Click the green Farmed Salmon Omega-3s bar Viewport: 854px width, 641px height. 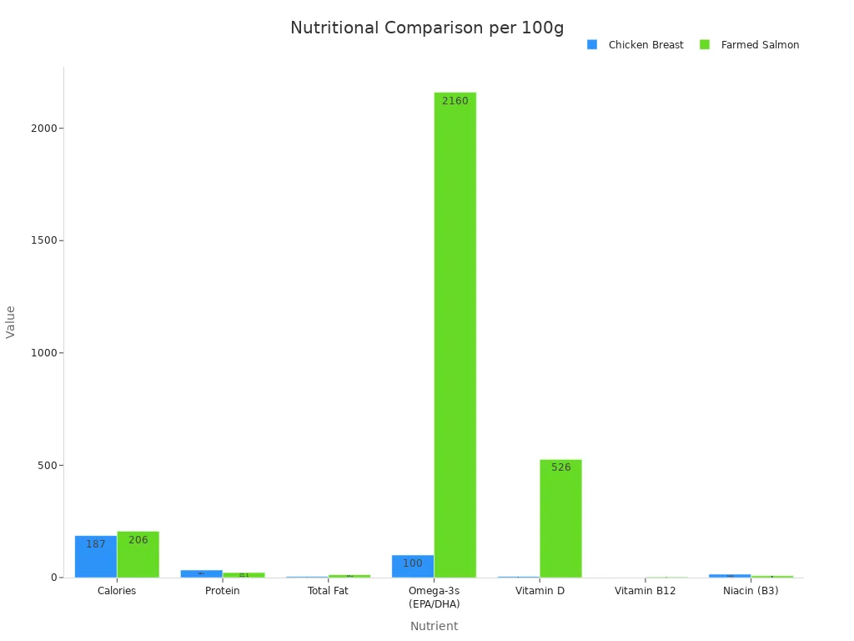(x=455, y=334)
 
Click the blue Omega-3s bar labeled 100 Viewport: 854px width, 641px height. (x=413, y=568)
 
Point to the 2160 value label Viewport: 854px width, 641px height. (x=455, y=101)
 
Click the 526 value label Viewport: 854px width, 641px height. (x=560, y=467)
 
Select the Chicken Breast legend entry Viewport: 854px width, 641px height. (x=636, y=45)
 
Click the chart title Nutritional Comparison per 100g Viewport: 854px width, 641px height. (x=427, y=28)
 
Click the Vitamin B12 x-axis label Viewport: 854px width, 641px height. (x=645, y=591)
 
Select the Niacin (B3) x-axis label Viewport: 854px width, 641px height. (x=751, y=591)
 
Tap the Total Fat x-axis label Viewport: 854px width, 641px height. (x=328, y=591)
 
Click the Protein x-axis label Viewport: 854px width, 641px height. (x=222, y=591)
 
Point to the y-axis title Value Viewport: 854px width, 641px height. (x=11, y=321)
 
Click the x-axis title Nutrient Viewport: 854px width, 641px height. (x=434, y=626)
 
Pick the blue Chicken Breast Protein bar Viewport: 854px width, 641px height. (x=201, y=573)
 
